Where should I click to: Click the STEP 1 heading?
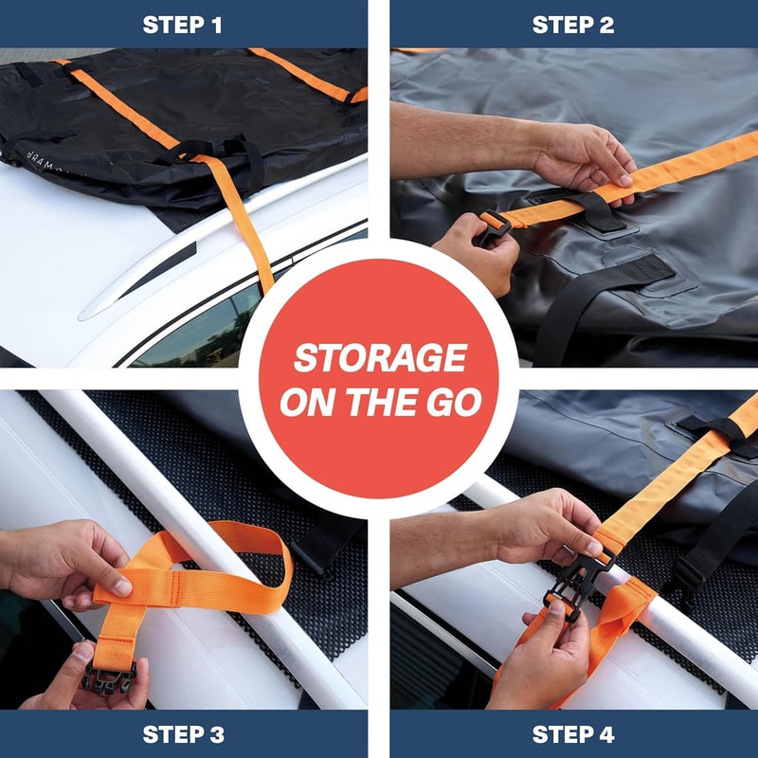[182, 25]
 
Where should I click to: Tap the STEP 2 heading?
[573, 25]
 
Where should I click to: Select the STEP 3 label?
[183, 734]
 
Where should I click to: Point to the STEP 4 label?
[573, 734]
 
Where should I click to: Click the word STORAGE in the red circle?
[380, 358]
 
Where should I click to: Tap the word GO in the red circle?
[454, 402]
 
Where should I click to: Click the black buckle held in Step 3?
[109, 675]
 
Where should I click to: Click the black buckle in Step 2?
[492, 226]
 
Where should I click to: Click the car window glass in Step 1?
[203, 334]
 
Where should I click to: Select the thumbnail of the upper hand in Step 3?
[122, 587]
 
